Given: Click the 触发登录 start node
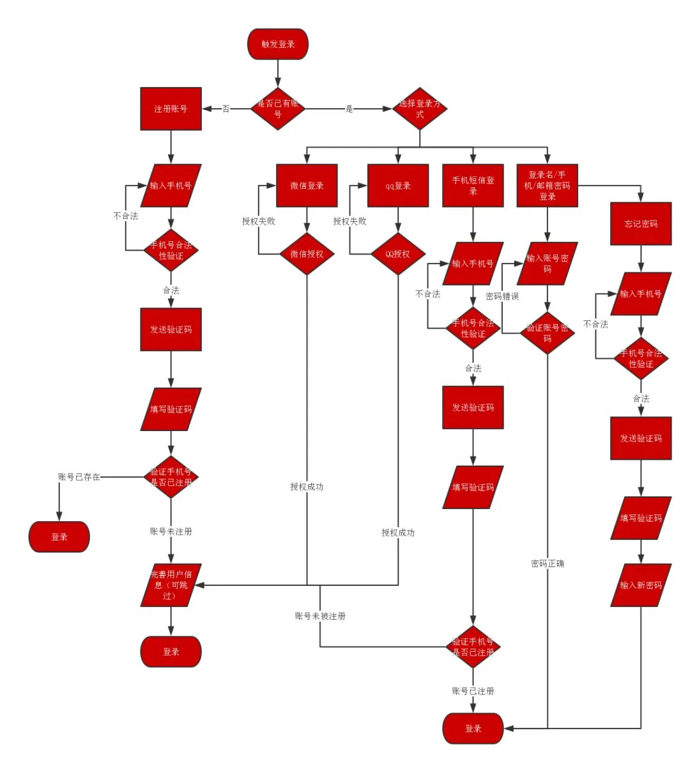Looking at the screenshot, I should [x=278, y=44].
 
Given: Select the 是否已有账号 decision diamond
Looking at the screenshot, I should [x=278, y=109].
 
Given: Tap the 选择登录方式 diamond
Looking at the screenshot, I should [x=420, y=109].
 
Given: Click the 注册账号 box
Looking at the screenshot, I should [x=171, y=109].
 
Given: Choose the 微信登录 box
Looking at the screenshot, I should [x=307, y=185].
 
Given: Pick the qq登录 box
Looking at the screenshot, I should [x=398, y=185].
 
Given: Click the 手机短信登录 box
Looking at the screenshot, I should [x=473, y=185].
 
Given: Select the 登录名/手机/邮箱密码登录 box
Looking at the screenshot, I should [x=548, y=185].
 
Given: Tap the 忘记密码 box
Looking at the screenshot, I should [x=641, y=224].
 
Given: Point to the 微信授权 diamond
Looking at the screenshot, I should [x=307, y=254].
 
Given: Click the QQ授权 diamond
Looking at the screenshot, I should [x=398, y=254].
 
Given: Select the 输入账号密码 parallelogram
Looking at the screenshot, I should [x=548, y=263].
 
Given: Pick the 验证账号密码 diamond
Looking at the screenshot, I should [x=548, y=333].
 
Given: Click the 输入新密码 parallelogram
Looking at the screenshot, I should [x=641, y=585].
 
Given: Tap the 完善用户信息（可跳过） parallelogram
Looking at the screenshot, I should [x=171, y=585].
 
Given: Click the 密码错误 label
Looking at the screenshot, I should [x=502, y=296].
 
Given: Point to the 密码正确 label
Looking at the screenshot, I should [x=548, y=563].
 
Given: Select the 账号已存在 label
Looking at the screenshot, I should [x=79, y=477].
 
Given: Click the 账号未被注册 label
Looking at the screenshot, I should [x=320, y=616].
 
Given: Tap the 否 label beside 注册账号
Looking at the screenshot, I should [x=226, y=109].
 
